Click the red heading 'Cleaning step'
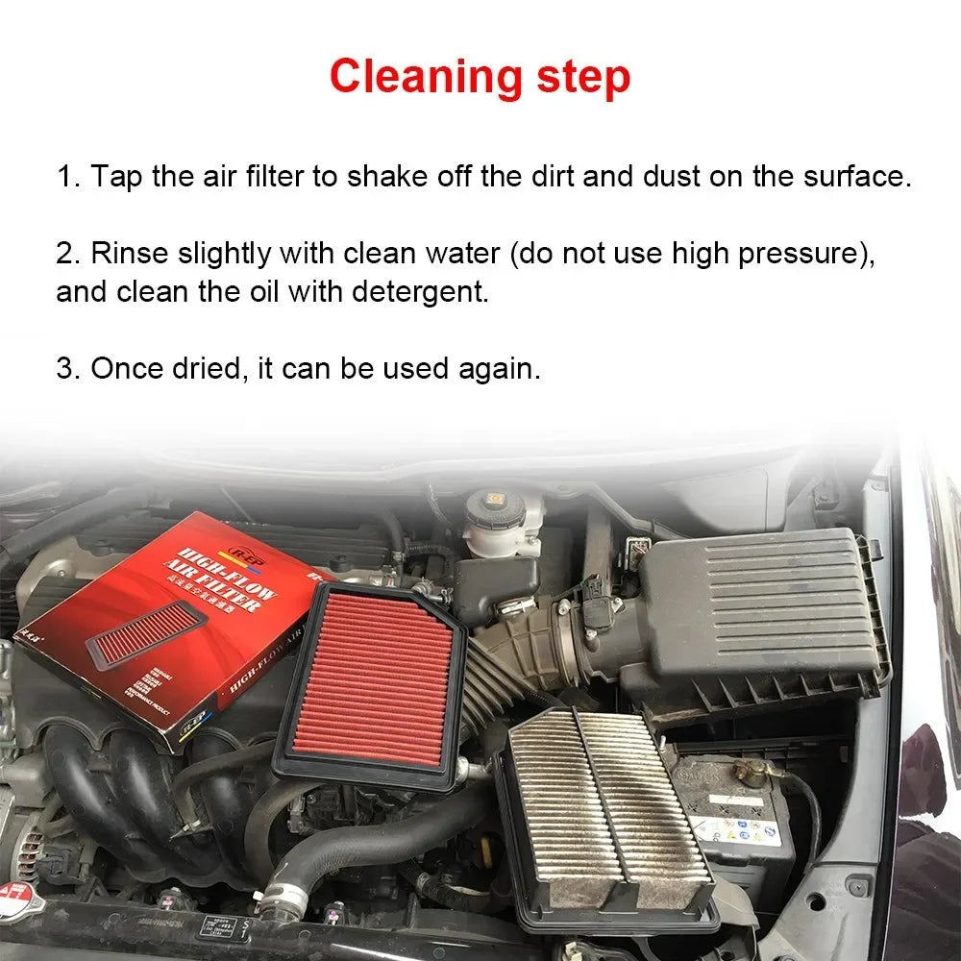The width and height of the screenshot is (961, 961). point(480,77)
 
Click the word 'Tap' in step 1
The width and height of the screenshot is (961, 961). point(117,177)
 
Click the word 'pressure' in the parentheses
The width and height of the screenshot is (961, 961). point(813,254)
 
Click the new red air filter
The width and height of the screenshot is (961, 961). point(370,684)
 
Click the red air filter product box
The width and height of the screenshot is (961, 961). point(154,625)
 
